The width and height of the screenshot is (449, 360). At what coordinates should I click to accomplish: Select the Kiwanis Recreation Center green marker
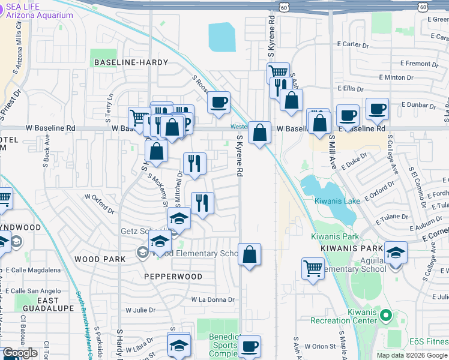(x=385, y=314)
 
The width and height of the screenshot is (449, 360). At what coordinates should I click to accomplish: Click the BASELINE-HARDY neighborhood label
(x=129, y=62)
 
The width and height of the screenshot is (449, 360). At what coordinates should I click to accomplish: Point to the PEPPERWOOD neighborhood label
(x=173, y=276)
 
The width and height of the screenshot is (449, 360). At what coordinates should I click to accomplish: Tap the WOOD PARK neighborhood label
(x=100, y=259)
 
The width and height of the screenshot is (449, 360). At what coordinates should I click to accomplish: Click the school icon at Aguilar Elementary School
(x=396, y=253)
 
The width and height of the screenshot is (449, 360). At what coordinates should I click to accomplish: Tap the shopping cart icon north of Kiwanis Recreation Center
(x=313, y=269)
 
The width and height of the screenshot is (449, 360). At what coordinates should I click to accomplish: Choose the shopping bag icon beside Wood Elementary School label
(x=249, y=255)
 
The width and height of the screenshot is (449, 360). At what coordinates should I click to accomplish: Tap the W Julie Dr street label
(x=140, y=310)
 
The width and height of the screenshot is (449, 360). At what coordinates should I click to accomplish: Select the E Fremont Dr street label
(x=423, y=64)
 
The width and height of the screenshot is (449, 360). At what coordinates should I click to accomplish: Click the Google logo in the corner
(x=20, y=353)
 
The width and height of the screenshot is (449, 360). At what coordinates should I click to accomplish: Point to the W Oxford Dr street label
(x=99, y=203)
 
